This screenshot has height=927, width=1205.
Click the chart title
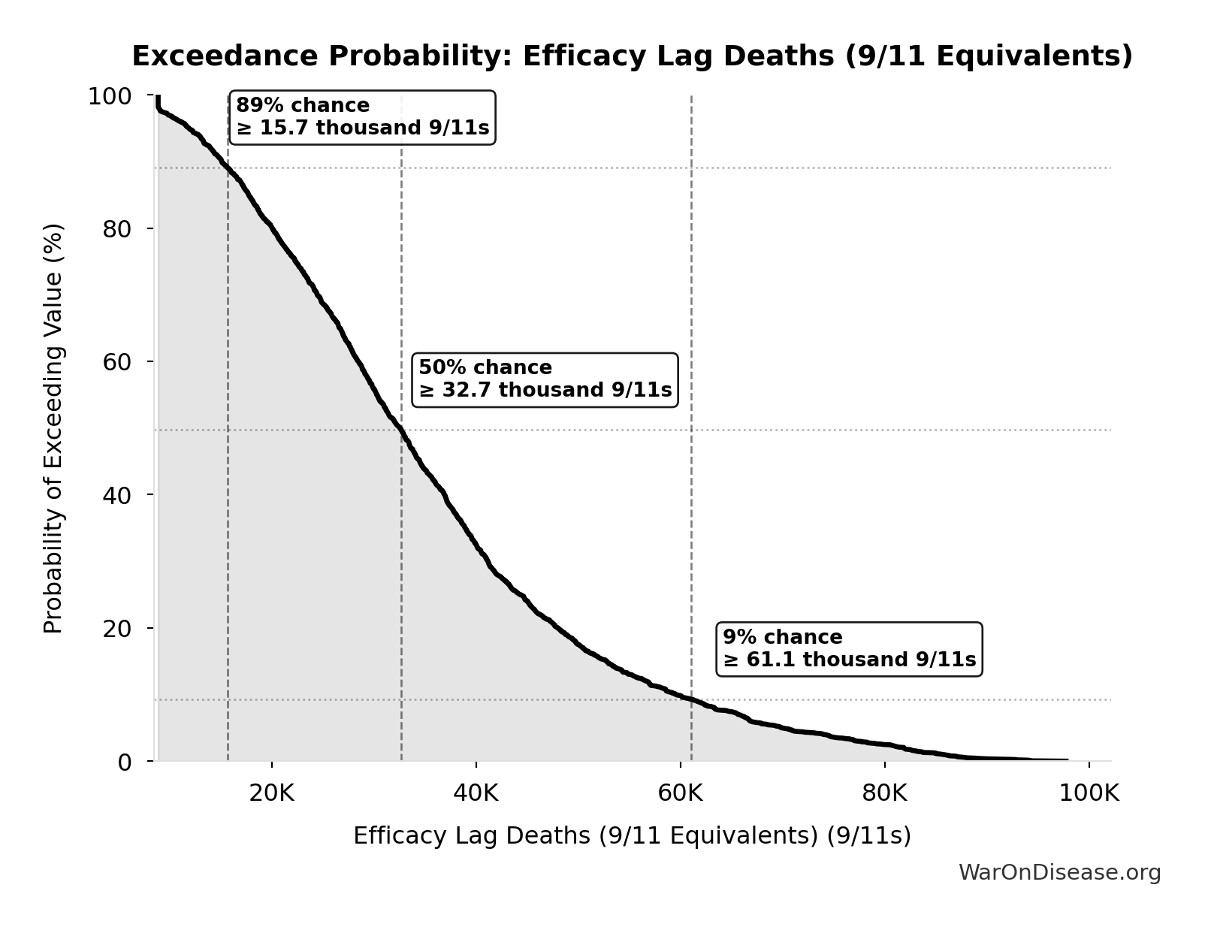(632, 56)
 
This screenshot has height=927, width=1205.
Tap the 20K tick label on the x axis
(272, 793)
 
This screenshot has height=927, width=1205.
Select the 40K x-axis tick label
(476, 793)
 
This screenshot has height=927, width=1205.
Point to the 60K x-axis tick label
(681, 793)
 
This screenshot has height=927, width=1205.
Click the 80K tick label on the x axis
(885, 793)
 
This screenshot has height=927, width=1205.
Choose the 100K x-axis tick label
(1089, 793)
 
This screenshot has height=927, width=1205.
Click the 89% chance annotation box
(362, 117)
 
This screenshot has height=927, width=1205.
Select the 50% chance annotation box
(545, 379)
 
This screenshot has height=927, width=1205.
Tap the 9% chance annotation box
(849, 649)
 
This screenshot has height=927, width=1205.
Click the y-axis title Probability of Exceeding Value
(53, 428)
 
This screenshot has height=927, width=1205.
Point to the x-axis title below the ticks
(632, 835)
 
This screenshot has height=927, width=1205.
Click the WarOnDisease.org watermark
(1059, 872)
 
